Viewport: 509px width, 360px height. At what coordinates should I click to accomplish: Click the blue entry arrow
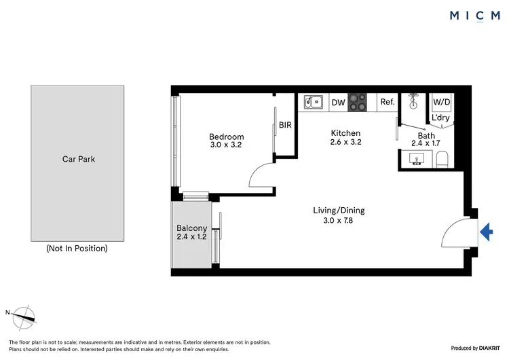486,232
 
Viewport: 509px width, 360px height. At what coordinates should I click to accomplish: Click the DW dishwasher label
338,103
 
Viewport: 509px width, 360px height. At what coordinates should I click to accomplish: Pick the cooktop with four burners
357,103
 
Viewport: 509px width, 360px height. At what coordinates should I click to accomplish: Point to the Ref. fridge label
388,103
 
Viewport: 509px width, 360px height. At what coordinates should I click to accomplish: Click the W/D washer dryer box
442,102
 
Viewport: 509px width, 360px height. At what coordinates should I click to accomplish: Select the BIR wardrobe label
285,125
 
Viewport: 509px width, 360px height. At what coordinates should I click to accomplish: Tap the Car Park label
77,160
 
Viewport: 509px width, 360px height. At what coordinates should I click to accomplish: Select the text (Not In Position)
77,249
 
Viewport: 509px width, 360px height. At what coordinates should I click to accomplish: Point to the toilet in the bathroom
442,160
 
